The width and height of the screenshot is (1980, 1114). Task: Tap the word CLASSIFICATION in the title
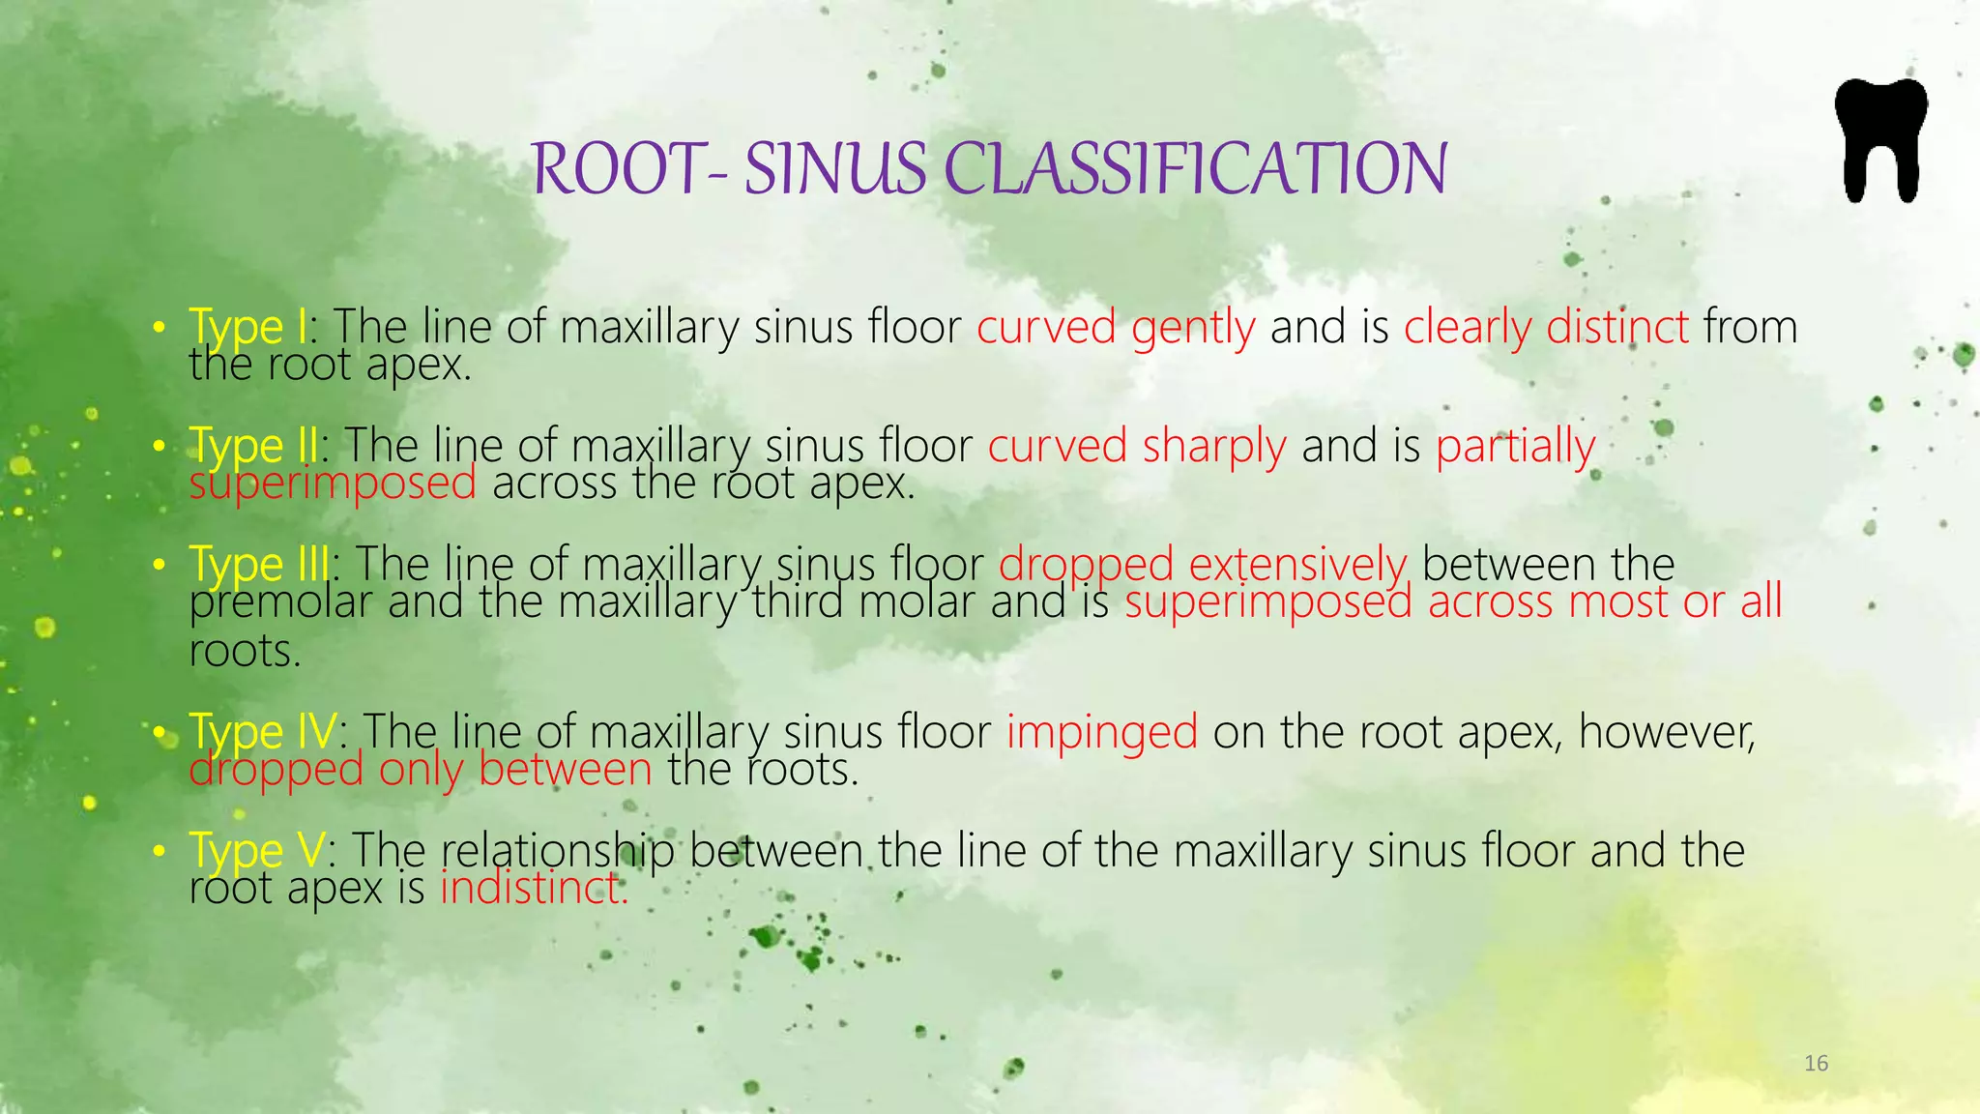1194,168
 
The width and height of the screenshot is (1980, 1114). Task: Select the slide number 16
1816,1064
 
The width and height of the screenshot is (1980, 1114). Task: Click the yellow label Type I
247,327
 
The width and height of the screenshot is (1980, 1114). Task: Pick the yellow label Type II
253,446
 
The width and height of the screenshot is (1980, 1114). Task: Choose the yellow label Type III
259,564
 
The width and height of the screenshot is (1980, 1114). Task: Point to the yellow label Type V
257,851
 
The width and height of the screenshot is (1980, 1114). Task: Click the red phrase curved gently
1115,327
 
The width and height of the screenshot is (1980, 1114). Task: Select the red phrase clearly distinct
1545,327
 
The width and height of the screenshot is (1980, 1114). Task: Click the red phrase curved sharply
1136,446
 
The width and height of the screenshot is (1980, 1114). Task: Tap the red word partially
1515,446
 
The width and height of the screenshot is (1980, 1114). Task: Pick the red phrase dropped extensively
1202,564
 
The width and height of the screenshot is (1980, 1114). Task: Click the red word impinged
1101,732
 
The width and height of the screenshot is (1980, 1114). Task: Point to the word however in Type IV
1666,732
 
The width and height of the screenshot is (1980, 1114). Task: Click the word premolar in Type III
280,602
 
